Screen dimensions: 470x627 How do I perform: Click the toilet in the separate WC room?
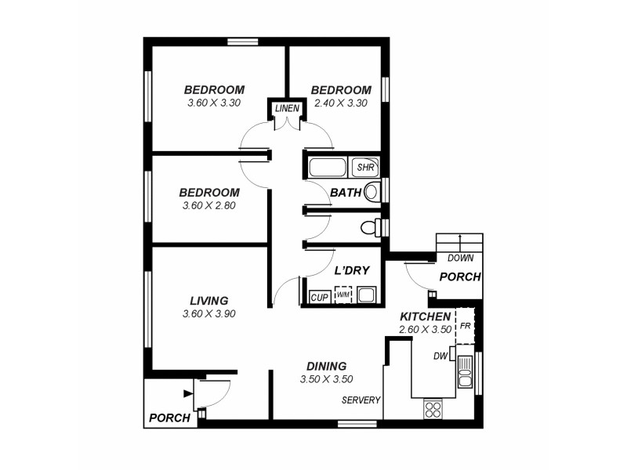pyautogui.click(x=370, y=228)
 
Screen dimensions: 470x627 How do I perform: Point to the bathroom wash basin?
pyautogui.click(x=372, y=190)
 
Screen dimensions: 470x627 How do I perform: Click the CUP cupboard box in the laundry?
pyautogui.click(x=319, y=297)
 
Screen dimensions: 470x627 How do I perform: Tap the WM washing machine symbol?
pyautogui.click(x=342, y=295)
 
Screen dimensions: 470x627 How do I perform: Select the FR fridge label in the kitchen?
pyautogui.click(x=465, y=325)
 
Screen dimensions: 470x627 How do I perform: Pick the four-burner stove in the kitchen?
pyautogui.click(x=433, y=407)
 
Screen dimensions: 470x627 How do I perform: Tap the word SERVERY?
pyautogui.click(x=361, y=400)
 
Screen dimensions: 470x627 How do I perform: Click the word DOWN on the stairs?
pyautogui.click(x=459, y=258)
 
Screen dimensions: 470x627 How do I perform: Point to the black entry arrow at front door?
pyautogui.click(x=187, y=393)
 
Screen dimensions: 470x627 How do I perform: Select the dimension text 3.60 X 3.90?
pyautogui.click(x=208, y=313)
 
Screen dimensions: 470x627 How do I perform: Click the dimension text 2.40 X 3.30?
pyautogui.click(x=341, y=103)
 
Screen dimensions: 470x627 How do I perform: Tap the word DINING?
pyautogui.click(x=326, y=366)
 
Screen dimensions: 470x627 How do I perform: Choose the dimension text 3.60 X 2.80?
pyautogui.click(x=208, y=206)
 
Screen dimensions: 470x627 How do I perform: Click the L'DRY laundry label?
pyautogui.click(x=351, y=271)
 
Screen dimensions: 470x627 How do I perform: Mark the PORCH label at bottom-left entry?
pyautogui.click(x=170, y=418)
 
